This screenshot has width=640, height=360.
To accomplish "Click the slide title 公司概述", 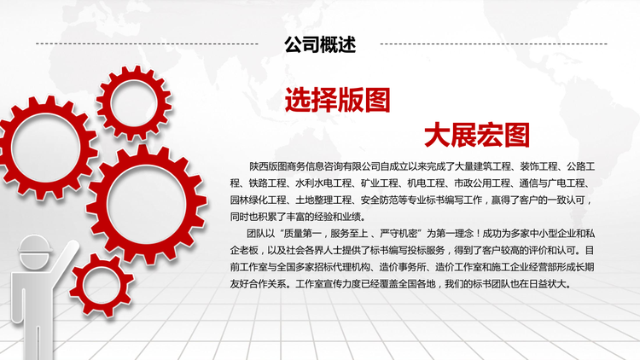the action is click(320, 44).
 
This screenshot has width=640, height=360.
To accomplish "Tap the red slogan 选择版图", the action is click(338, 100).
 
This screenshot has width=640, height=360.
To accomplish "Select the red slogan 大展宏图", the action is click(477, 135).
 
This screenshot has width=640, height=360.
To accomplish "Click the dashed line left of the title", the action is click(147, 44).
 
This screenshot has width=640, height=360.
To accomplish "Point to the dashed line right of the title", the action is click(493, 44).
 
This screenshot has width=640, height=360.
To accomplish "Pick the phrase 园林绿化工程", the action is click(258, 200).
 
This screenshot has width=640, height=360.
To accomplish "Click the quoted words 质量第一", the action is click(302, 234).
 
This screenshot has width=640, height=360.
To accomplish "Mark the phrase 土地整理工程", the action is click(323, 200).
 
